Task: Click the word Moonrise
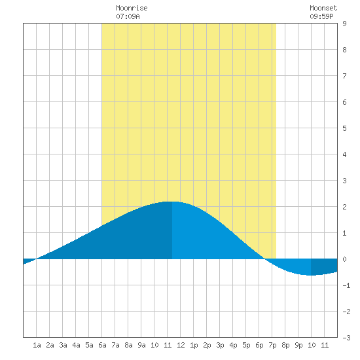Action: pos(132,8)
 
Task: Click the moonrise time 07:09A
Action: pos(128,16)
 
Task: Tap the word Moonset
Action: pos(323,8)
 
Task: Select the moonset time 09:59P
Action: pos(321,16)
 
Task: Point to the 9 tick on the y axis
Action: pos(344,24)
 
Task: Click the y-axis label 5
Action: pos(344,128)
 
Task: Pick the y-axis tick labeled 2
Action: pos(344,207)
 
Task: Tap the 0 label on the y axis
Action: pos(344,259)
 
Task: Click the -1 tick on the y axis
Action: pos(346,285)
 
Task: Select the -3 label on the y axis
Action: pos(346,338)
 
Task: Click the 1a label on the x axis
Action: pos(37,345)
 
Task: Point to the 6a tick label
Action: pos(102,345)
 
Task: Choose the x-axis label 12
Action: pos(181,345)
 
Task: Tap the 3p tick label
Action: pos(220,345)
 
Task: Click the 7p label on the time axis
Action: pos(272,345)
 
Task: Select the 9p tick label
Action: pos(298,345)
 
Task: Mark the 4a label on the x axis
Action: pos(76,345)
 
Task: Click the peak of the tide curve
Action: pos(172,202)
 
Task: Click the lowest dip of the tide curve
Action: pos(311,276)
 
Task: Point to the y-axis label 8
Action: pos(344,50)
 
